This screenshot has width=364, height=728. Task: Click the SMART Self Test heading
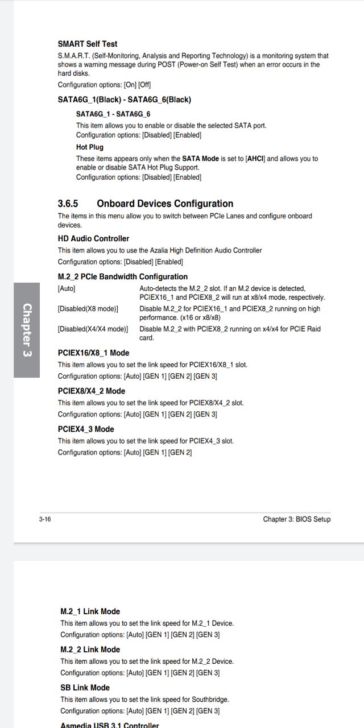(x=88, y=44)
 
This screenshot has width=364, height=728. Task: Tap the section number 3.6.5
(x=68, y=204)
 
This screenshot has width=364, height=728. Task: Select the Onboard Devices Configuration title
(x=165, y=204)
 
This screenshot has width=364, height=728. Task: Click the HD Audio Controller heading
(x=93, y=239)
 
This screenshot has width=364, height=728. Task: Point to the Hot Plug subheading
(x=90, y=147)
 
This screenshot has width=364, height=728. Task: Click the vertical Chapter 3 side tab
(x=27, y=330)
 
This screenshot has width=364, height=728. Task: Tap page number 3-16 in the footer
(x=45, y=519)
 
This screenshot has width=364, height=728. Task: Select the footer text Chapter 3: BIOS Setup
(x=296, y=519)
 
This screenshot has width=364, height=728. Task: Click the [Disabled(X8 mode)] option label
(x=88, y=309)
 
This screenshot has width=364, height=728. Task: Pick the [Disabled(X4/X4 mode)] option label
(x=93, y=329)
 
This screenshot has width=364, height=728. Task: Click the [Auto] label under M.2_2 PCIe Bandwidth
(x=67, y=289)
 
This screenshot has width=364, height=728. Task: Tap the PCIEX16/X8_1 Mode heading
(x=93, y=353)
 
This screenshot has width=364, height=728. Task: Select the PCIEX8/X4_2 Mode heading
(x=92, y=391)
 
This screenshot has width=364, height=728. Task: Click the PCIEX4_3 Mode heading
(x=86, y=429)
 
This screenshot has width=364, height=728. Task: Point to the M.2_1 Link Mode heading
(x=90, y=612)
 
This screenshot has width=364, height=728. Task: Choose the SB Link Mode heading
(x=85, y=688)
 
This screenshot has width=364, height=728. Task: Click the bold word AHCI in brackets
(x=255, y=159)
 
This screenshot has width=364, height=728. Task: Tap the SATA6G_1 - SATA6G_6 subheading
(x=113, y=114)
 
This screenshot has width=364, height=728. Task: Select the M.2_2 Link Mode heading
(x=90, y=650)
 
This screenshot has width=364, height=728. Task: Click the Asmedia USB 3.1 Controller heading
(x=110, y=725)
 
